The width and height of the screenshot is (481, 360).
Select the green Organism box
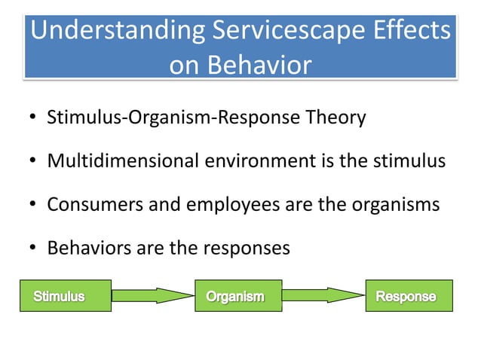tap(238, 296)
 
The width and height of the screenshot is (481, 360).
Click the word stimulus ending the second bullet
tap(410, 161)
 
